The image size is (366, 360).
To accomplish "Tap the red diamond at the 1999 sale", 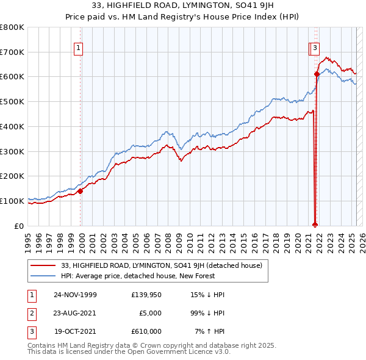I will [81, 191].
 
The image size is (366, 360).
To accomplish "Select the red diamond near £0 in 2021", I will [315, 224].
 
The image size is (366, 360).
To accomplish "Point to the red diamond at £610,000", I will [317, 74].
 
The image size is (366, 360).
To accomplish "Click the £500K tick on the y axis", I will [12, 102].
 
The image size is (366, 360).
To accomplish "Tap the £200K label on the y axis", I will [12, 176].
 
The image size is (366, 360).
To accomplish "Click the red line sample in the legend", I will [43, 265].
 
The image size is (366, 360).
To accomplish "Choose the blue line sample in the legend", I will [43, 276].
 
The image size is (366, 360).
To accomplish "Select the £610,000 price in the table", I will [146, 331].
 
